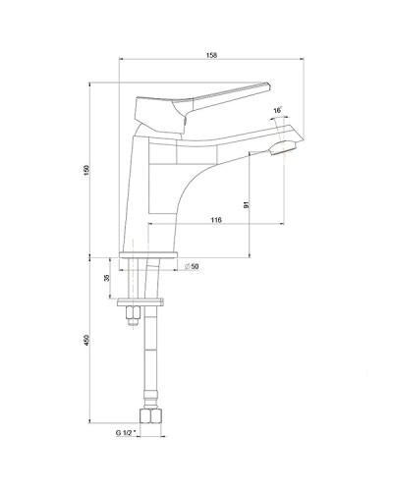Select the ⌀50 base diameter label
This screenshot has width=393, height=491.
pos(194,266)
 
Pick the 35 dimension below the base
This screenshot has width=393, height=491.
pos(107,279)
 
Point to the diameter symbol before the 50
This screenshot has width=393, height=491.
pos(186,266)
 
